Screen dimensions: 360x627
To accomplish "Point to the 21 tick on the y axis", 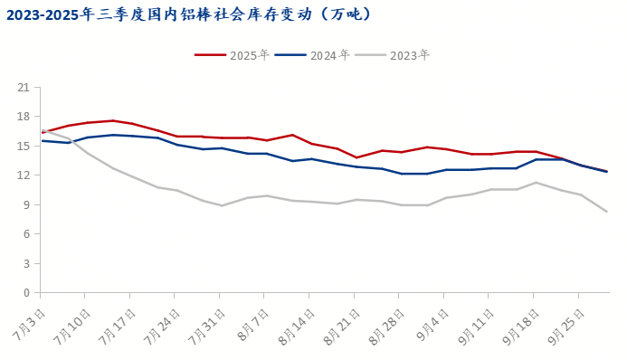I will coord(24,87).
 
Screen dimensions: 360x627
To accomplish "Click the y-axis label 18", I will coord(24,117).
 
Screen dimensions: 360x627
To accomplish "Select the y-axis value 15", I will coord(24,146).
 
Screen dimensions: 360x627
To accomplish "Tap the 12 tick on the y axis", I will coord(24,175).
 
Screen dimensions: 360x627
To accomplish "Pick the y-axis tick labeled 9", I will coord(26,204).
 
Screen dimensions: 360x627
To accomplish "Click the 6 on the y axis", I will coord(26,234).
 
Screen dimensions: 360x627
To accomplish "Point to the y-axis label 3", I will coord(26,263).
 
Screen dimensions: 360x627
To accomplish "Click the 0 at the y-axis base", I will coord(26,293).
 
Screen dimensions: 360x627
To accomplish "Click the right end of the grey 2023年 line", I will coord(606,212).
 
